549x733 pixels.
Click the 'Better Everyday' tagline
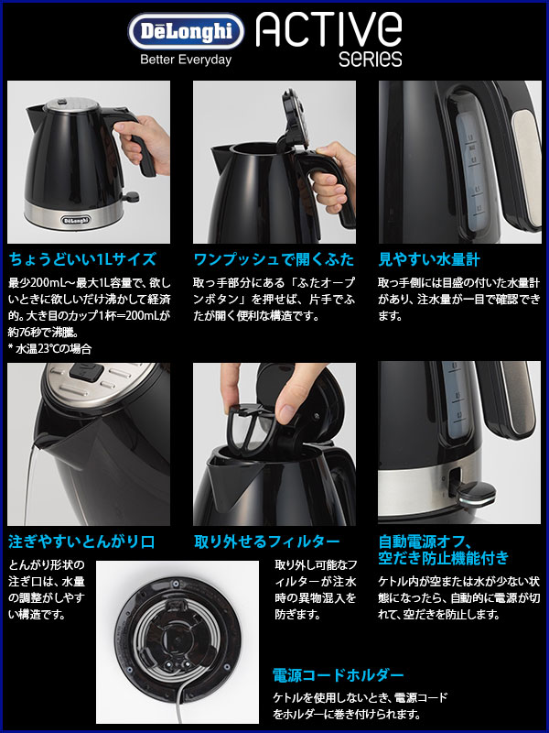click(185, 60)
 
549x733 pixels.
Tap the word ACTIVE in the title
click(329, 33)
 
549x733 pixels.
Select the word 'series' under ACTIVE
click(370, 60)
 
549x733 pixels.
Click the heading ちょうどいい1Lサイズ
click(82, 259)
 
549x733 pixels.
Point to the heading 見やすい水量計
click(428, 259)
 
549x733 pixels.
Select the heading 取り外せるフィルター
click(267, 542)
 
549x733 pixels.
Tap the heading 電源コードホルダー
click(338, 676)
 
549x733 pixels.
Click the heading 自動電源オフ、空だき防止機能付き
click(443, 549)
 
